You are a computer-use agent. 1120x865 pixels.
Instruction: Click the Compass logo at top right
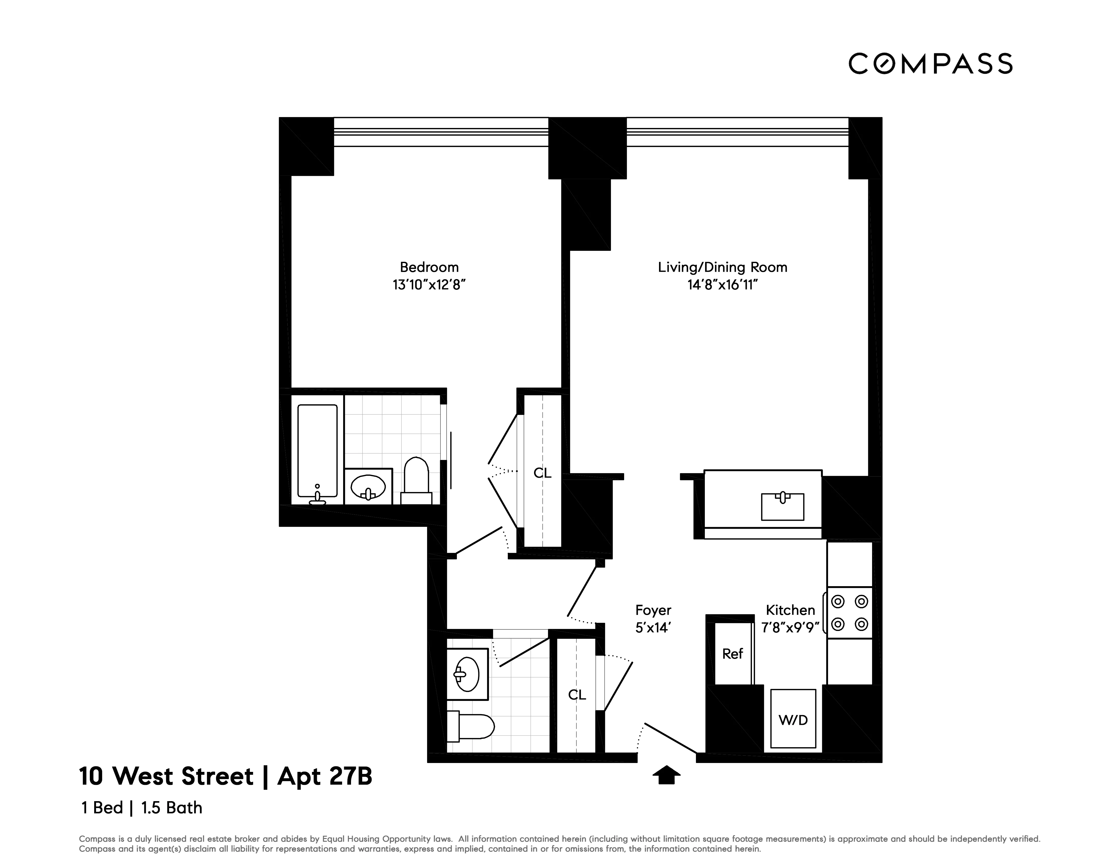pos(930,64)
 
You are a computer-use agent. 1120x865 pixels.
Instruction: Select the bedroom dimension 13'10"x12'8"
pos(429,285)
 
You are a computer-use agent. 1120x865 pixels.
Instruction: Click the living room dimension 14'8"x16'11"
pos(723,285)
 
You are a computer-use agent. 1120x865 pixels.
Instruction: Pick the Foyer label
pos(653,610)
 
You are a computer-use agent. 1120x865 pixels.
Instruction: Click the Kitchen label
pos(790,610)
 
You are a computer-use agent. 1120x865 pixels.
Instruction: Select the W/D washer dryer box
pos(793,719)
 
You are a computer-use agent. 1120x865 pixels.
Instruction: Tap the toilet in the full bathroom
pos(416,479)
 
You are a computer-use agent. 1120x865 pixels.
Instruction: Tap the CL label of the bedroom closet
pos(543,473)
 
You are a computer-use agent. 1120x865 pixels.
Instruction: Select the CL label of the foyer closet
pos(577,695)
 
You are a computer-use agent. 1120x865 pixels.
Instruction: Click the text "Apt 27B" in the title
pos(325,776)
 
